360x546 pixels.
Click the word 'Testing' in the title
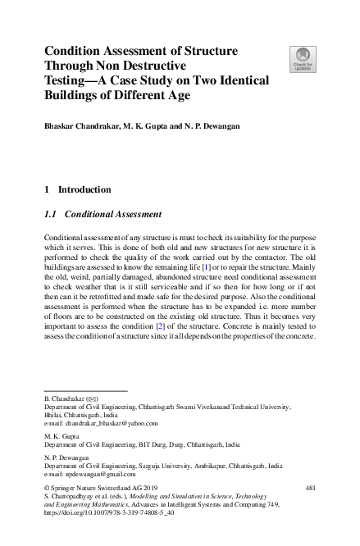pyautogui.click(x=68, y=80)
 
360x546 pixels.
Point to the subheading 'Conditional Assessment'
pyautogui.click(x=113, y=216)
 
